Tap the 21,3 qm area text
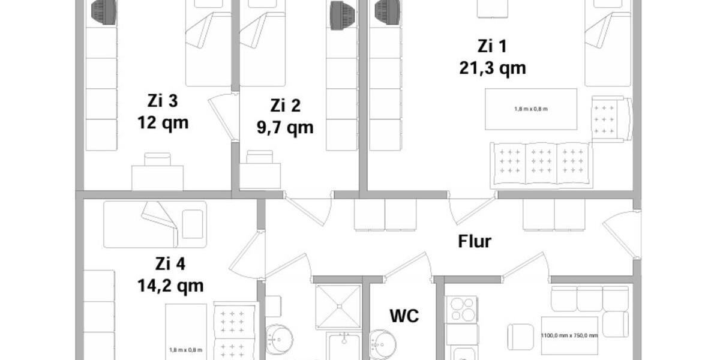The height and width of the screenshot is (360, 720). tap(493, 68)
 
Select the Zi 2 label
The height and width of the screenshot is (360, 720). tap(285, 106)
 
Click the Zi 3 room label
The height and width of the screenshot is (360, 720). tap(163, 101)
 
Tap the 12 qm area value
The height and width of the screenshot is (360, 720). tap(163, 123)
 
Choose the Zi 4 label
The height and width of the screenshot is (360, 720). tap(170, 263)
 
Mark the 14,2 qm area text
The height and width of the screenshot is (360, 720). tap(170, 286)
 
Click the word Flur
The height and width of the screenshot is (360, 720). tap(475, 242)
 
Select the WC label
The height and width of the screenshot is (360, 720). tap(404, 315)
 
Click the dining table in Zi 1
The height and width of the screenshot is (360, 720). tap(531, 109)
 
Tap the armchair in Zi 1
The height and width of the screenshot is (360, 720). tap(611, 119)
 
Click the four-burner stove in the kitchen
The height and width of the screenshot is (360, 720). tap(461, 310)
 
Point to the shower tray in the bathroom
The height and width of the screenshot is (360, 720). tap(338, 306)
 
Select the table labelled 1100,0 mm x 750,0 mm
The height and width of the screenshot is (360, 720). tap(569, 335)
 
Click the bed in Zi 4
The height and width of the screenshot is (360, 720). tap(155, 224)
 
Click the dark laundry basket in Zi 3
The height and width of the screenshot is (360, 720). tap(103, 12)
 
